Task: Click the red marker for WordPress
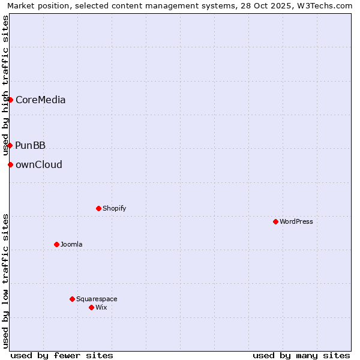275,221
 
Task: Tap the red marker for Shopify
98,208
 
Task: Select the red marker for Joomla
56,244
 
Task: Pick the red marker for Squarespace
72,299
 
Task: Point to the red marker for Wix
91,307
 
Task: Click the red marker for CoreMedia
10,100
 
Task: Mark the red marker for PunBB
10,145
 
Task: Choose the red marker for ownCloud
10,164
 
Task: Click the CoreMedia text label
40,100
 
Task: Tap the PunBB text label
31,146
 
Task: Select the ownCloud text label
39,165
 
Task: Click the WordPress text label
296,222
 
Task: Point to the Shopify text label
114,209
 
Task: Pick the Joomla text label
71,245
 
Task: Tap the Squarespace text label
97,299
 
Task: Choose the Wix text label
101,308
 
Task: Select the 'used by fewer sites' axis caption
62,355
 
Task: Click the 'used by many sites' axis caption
301,355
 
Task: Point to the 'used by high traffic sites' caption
5,85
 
